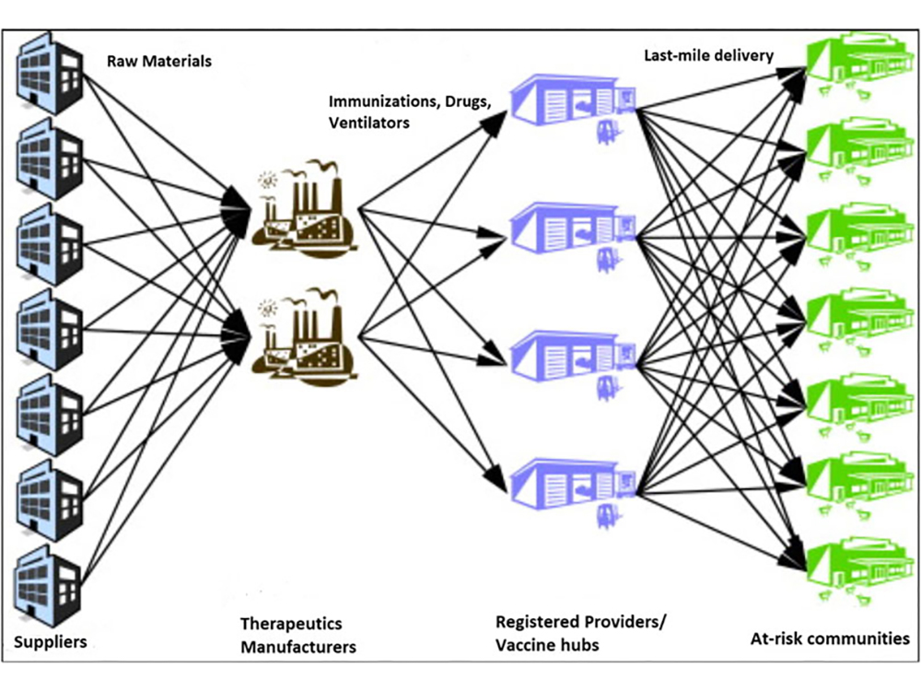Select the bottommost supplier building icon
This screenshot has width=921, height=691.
pyautogui.click(x=51, y=582)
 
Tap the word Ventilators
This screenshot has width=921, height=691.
pyautogui.click(x=369, y=122)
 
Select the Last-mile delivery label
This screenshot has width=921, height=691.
pyautogui.click(x=708, y=56)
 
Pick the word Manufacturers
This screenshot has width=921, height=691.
pyautogui.click(x=298, y=647)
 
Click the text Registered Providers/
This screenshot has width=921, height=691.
pyautogui.click(x=580, y=622)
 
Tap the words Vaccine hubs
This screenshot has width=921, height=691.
pyautogui.click(x=547, y=644)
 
